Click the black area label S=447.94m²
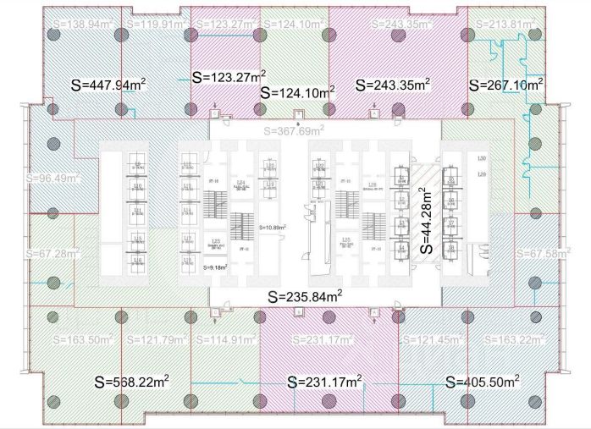coord(109,84)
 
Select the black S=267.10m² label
coord(505,85)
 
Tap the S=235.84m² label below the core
coord(305,296)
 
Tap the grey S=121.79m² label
coord(157,339)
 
